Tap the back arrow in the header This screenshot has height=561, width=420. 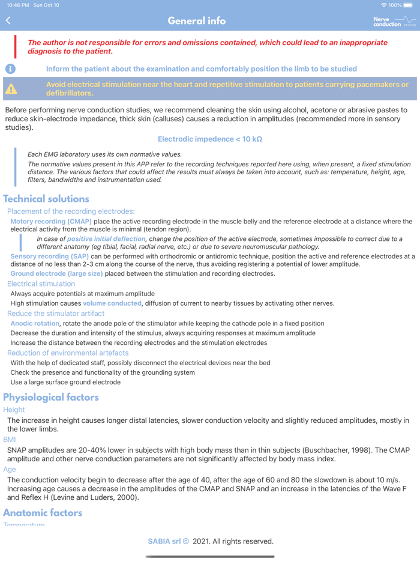coord(8,20)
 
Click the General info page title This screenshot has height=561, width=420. coord(197,21)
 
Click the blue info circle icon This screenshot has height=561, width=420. coord(10,68)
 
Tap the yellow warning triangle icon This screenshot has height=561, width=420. coord(11,89)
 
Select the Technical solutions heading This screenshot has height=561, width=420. coord(46,199)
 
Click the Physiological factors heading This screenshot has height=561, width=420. coord(51,397)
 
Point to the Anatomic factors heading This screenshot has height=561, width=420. coord(43,512)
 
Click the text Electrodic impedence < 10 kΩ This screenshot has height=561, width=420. coord(210,139)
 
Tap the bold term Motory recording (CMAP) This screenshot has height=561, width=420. coord(51,221)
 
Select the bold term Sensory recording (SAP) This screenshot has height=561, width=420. coord(49,256)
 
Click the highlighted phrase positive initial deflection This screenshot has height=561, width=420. coord(106,238)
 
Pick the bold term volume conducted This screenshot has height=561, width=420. coord(112,303)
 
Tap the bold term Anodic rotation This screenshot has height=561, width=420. coord(35,323)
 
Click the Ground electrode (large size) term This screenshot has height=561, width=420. coord(56,273)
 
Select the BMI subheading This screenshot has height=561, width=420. coord(10,440)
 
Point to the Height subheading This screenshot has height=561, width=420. coord(14,410)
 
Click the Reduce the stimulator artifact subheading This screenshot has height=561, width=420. coord(56,313)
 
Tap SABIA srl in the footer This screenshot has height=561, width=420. coord(164,541)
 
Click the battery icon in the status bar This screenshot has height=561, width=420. coord(408,5)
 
